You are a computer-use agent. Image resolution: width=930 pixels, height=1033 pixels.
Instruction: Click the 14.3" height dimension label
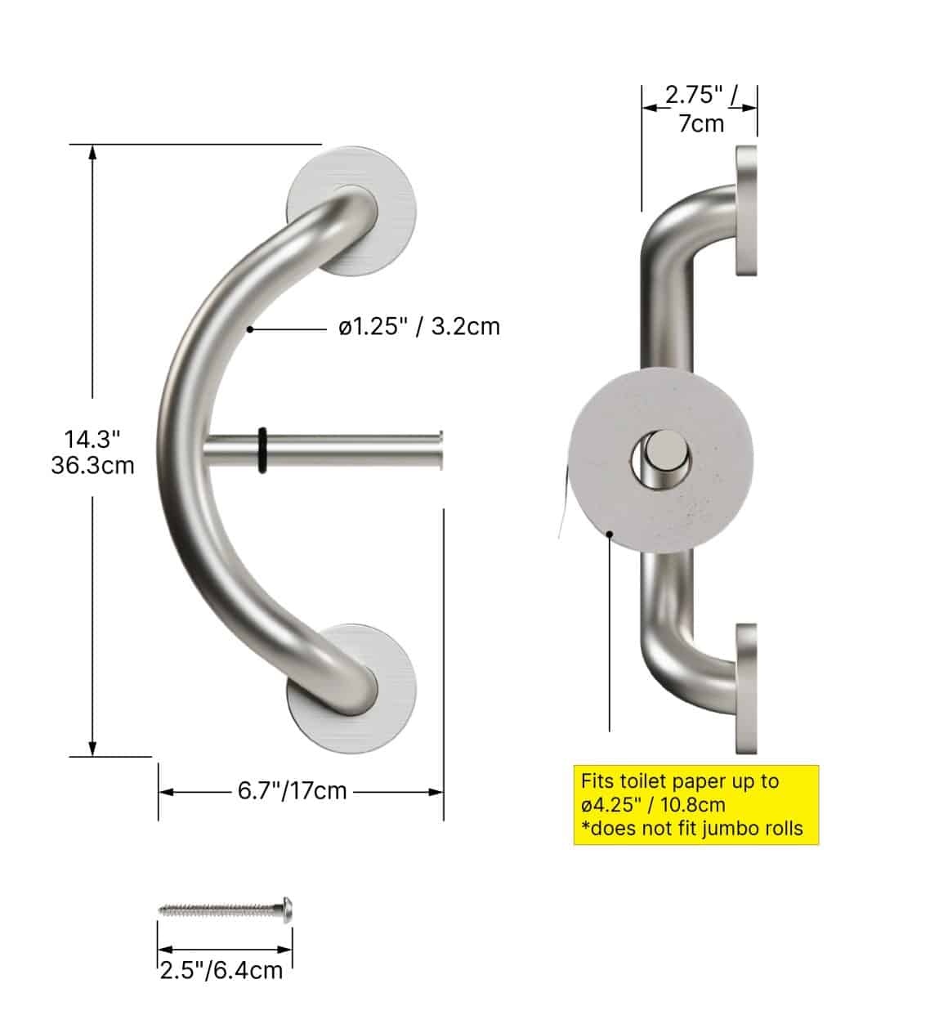tap(92, 439)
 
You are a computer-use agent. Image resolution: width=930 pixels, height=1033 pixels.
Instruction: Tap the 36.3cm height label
tap(92, 466)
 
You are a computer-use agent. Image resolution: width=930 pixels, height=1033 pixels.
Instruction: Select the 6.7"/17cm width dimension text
tap(293, 791)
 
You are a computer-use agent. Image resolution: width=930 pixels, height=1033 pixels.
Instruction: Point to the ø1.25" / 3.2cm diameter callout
tap(419, 327)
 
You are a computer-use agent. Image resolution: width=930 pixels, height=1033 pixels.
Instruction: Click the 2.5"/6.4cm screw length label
tap(221, 970)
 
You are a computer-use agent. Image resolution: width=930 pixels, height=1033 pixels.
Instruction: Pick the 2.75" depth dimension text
tap(694, 95)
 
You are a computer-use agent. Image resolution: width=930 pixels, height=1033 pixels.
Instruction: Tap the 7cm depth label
tap(701, 123)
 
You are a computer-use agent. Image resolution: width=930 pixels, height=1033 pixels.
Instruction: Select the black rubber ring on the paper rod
tap(262, 450)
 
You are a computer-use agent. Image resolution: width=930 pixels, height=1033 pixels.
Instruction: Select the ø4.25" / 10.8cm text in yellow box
tap(654, 805)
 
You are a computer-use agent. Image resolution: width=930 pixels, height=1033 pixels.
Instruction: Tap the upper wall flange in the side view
tap(747, 211)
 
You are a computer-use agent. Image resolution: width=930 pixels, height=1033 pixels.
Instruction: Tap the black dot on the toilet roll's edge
tap(610, 534)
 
